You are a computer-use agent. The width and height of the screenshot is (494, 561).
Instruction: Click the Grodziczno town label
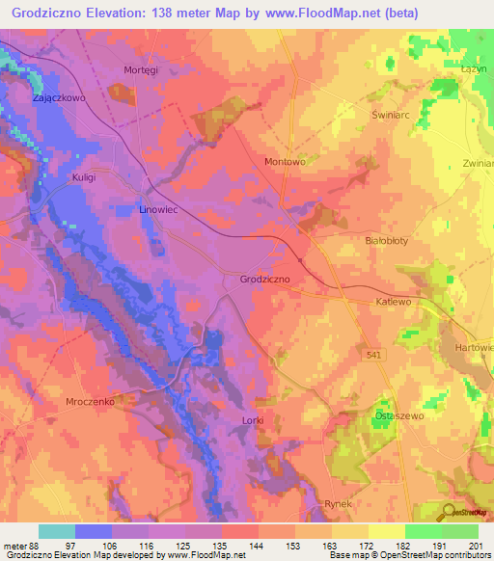265,280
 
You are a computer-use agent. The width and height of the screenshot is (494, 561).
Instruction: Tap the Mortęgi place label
141,69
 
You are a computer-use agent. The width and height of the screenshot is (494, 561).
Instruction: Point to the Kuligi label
86,178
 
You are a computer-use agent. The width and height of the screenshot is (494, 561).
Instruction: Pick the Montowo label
285,162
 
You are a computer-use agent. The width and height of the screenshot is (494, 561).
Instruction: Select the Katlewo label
394,302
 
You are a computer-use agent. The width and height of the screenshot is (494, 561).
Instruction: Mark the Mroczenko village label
91,399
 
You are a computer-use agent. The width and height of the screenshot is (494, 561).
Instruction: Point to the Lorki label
252,421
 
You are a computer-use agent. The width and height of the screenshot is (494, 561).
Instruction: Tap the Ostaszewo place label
395,416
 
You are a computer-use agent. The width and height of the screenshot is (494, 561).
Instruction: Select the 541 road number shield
373,357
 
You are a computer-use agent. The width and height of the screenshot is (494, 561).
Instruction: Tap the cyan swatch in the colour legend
57,531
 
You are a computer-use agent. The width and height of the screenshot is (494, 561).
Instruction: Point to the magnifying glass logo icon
448,512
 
